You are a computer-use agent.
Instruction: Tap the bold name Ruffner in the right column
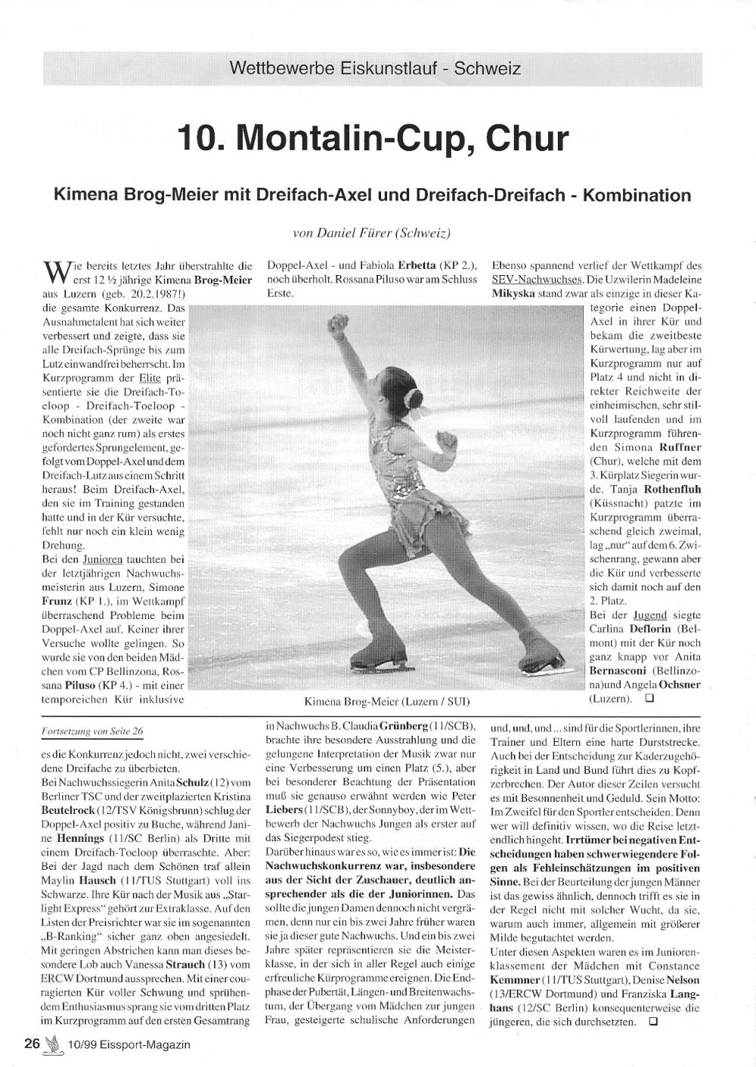681,447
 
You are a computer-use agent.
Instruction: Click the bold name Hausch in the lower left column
98,881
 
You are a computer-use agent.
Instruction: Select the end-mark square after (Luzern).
649,699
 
